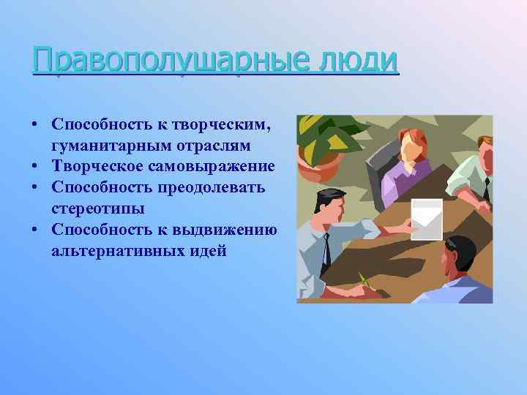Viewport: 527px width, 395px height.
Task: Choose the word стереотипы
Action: coord(97,208)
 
